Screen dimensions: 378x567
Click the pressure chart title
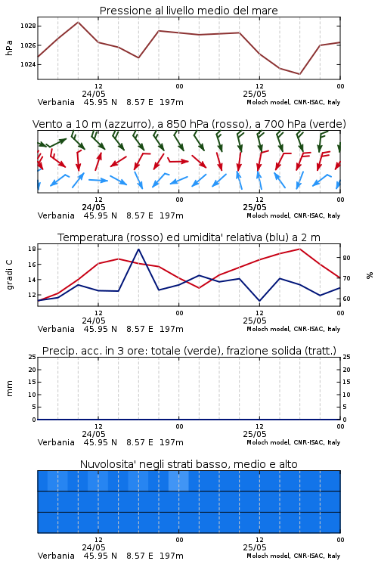click(188, 11)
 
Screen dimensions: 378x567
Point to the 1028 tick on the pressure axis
click(28, 26)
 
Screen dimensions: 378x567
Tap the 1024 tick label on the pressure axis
click(28, 64)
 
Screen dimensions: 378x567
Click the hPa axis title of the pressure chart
click(9, 48)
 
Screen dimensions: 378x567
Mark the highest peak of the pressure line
click(78, 22)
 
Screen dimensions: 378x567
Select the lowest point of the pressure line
click(299, 74)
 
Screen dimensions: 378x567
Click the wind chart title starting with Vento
click(189, 124)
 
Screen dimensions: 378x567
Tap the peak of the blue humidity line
click(138, 249)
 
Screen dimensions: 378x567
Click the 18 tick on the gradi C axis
click(32, 249)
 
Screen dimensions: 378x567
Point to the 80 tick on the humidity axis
click(346, 258)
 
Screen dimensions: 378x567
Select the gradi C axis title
click(9, 275)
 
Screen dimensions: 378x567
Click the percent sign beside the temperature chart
click(370, 275)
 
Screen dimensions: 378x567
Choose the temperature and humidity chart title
click(189, 237)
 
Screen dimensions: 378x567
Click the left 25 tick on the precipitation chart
click(32, 357)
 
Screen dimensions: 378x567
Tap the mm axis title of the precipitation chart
click(9, 389)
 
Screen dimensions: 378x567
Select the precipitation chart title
click(189, 351)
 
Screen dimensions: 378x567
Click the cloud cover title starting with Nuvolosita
click(188, 464)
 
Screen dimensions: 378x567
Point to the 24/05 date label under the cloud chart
click(94, 547)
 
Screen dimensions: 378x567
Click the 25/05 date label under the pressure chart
click(255, 94)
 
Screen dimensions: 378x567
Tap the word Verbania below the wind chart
click(56, 215)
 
